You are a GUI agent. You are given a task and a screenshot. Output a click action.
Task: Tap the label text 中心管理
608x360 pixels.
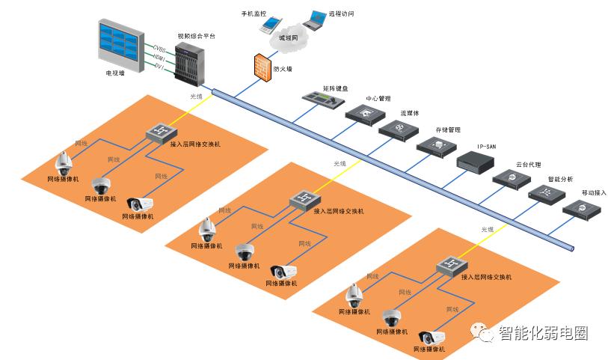pos(378,98)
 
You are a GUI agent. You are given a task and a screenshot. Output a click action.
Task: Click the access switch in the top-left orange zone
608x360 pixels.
pos(160,132)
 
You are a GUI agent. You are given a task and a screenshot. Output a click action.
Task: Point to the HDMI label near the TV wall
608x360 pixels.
pos(159,57)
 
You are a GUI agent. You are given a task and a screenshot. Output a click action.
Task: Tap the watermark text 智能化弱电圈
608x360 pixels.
pos(542,333)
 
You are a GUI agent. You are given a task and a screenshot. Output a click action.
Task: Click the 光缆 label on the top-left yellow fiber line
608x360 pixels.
pos(197,96)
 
